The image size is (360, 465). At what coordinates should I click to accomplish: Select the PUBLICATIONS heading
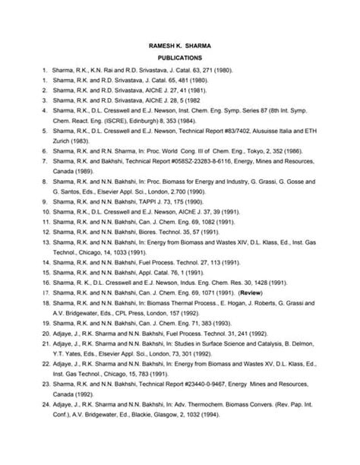178,57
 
